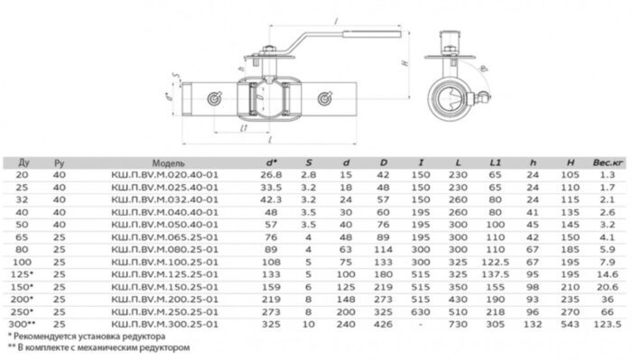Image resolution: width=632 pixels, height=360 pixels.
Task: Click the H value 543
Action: coord(569,322)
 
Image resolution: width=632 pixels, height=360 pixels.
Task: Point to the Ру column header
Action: coord(59,163)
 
